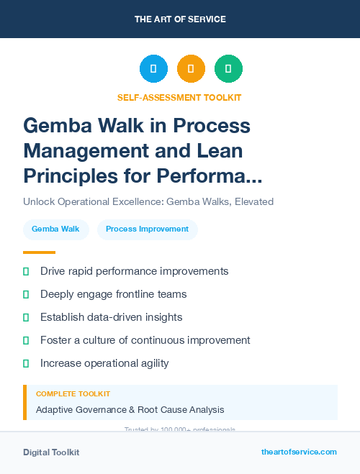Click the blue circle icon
(x=153, y=69)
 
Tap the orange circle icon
(x=191, y=69)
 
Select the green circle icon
(x=228, y=69)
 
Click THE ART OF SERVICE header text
(x=180, y=19)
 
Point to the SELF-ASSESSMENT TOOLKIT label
(x=179, y=97)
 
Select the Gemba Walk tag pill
(x=56, y=229)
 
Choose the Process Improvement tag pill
(x=147, y=229)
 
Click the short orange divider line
(x=39, y=252)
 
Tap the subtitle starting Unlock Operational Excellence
(x=148, y=202)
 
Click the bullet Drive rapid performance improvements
(x=134, y=271)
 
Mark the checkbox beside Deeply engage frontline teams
(x=27, y=294)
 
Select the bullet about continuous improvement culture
(x=145, y=340)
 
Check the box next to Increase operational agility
(x=27, y=363)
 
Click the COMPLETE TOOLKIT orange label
(x=73, y=394)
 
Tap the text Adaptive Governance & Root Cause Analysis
(x=130, y=410)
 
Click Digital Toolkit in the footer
(x=51, y=452)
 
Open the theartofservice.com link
(x=299, y=452)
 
